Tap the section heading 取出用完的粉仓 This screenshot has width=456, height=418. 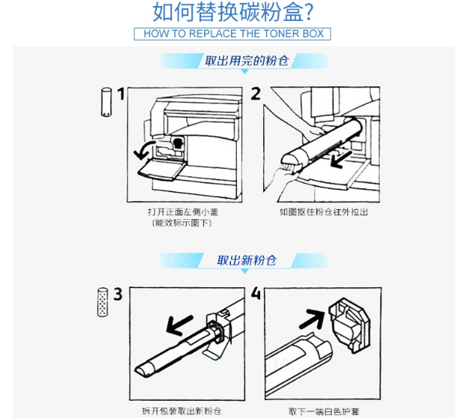pyautogui.click(x=247, y=61)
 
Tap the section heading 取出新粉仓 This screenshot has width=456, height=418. pyautogui.click(x=247, y=260)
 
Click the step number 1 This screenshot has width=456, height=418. pyautogui.click(x=121, y=94)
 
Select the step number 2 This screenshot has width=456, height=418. pyautogui.click(x=256, y=93)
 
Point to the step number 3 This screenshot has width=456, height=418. pyautogui.click(x=118, y=294)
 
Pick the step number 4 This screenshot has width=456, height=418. pyautogui.click(x=256, y=294)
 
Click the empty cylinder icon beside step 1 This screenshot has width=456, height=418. pyautogui.click(x=106, y=102)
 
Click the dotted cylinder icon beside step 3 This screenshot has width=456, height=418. pyautogui.click(x=102, y=302)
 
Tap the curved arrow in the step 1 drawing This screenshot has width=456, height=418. pyautogui.click(x=143, y=148)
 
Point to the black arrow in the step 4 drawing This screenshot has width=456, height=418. pyautogui.click(x=312, y=319)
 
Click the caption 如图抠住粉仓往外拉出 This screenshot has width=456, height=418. pyautogui.click(x=324, y=212)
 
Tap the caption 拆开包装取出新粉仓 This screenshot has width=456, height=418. pyautogui.click(x=182, y=411)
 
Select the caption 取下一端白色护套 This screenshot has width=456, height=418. pyautogui.click(x=324, y=411)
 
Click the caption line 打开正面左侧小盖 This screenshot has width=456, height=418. pyautogui.click(x=183, y=212)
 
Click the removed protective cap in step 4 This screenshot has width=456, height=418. pyautogui.click(x=350, y=325)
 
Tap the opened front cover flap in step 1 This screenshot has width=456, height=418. pyautogui.click(x=161, y=170)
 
